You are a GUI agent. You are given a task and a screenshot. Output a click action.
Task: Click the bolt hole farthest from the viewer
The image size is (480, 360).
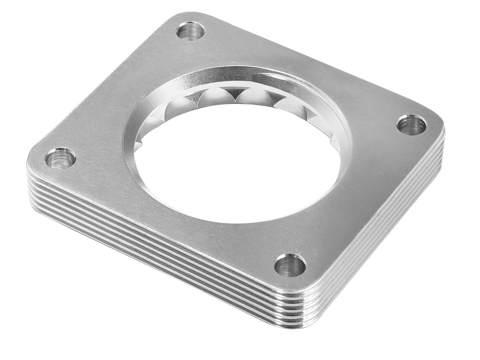click(190, 30)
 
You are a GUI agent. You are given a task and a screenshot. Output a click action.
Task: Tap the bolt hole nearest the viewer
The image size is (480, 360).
click(290, 265)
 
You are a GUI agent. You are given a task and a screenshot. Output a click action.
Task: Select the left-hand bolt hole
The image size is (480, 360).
click(60, 158)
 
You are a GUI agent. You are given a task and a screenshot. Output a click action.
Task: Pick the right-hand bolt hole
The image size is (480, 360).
click(411, 125)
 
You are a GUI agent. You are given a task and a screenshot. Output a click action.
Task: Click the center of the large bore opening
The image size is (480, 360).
click(236, 162)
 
